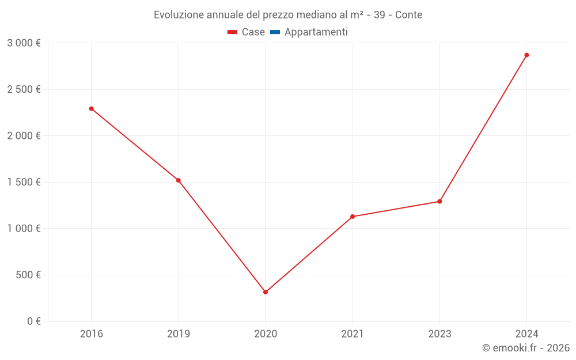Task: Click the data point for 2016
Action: coord(91,108)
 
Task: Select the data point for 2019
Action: coord(179,180)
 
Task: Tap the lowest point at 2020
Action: coord(266,292)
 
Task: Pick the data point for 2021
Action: coord(353,217)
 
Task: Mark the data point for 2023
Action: coord(439,202)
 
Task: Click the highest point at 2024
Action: coord(526,55)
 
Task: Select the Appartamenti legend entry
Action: coord(316,32)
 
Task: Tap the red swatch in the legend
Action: coord(233,32)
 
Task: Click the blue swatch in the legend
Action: coord(275,32)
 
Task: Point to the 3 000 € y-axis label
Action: coord(24,43)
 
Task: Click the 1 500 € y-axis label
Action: coord(24,182)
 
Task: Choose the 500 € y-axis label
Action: coord(27,275)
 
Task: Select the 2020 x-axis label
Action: coord(266,334)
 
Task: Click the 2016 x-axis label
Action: coord(91,334)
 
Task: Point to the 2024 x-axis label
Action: coord(526,334)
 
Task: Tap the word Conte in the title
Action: coord(408,15)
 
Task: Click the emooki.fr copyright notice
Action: coord(525,348)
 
